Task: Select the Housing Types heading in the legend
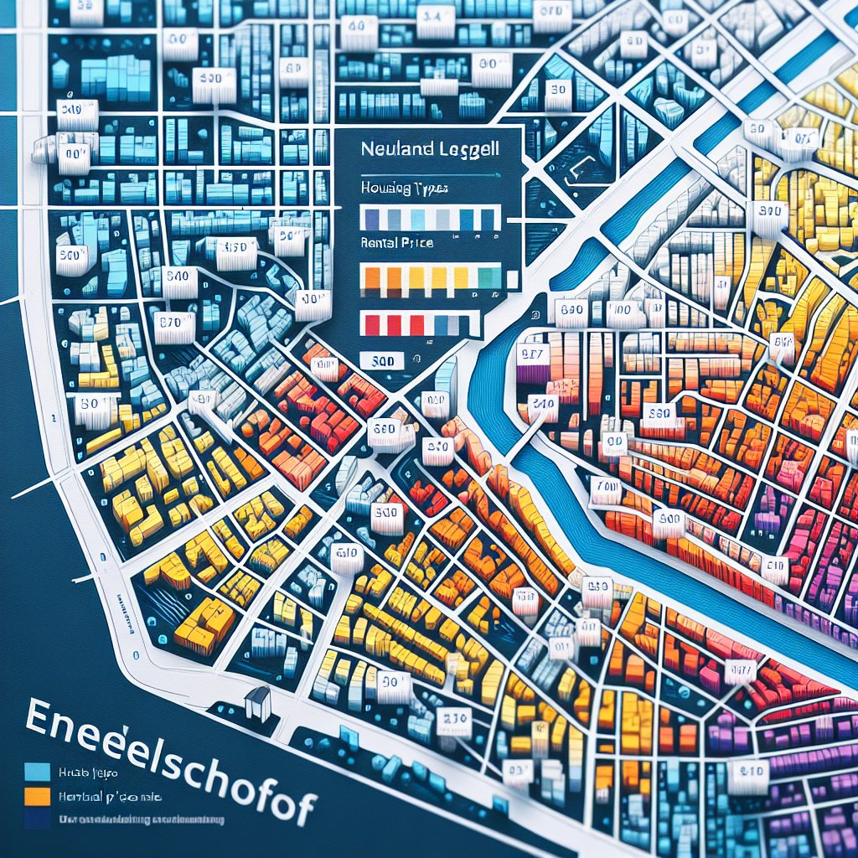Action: coord(403,189)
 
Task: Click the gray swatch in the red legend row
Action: coord(452,324)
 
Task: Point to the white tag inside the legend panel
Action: coord(381,360)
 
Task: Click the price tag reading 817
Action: coord(534,354)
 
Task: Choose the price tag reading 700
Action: coord(604,488)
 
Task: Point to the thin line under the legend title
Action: coord(432,172)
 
